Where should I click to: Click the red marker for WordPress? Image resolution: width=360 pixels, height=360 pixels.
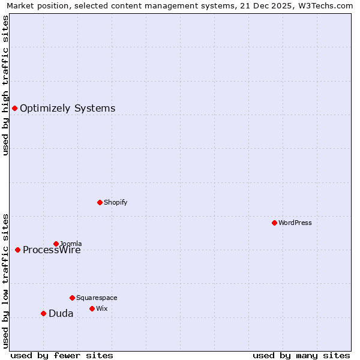pyautogui.click(x=274, y=223)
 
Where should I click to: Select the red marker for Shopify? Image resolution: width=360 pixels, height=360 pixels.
pyautogui.click(x=100, y=202)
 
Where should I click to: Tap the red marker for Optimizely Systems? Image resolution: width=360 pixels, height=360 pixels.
pyautogui.click(x=14, y=108)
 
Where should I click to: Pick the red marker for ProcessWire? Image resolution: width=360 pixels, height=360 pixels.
pyautogui.click(x=17, y=250)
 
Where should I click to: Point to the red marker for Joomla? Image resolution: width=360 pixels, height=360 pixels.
pyautogui.click(x=56, y=244)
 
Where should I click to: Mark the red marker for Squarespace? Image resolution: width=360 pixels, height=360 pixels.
pyautogui.click(x=72, y=298)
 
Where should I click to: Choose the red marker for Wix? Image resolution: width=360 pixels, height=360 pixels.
pyautogui.click(x=92, y=308)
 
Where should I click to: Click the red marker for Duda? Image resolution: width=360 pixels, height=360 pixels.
pyautogui.click(x=43, y=313)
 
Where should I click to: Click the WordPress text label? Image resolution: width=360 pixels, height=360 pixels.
pyautogui.click(x=295, y=223)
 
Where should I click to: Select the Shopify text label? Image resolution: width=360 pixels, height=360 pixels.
pyautogui.click(x=116, y=202)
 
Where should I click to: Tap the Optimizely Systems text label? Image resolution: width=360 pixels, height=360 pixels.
pyautogui.click(x=67, y=108)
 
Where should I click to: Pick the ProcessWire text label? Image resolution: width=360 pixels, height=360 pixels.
pyautogui.click(x=52, y=250)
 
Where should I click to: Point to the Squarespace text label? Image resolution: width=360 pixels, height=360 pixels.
pyautogui.click(x=97, y=298)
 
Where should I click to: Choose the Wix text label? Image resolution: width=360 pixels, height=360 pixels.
pyautogui.click(x=101, y=308)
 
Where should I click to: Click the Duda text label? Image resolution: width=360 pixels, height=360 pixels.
pyautogui.click(x=61, y=313)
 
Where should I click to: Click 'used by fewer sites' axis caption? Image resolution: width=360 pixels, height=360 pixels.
pyautogui.click(x=62, y=355)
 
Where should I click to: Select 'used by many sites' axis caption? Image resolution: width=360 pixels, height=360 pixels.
pyautogui.click(x=301, y=355)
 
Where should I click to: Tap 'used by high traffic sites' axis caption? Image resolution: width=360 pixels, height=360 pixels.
pyautogui.click(x=5, y=85)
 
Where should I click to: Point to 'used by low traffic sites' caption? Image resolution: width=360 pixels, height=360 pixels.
pyautogui.click(x=5, y=281)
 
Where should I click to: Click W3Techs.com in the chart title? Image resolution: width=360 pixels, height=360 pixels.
pyautogui.click(x=324, y=5)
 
